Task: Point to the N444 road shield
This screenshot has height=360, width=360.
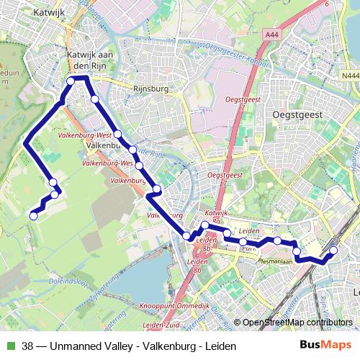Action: [351, 75]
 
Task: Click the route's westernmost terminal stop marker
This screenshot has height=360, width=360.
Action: [33, 215]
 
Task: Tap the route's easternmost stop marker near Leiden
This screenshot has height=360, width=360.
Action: [333, 251]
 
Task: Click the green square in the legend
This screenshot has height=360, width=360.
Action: [10, 346]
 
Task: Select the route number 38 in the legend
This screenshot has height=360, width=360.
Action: [27, 346]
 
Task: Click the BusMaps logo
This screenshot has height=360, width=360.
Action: [326, 346]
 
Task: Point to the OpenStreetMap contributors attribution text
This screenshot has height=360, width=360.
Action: [297, 323]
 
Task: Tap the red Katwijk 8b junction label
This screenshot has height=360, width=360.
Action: [215, 217]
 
